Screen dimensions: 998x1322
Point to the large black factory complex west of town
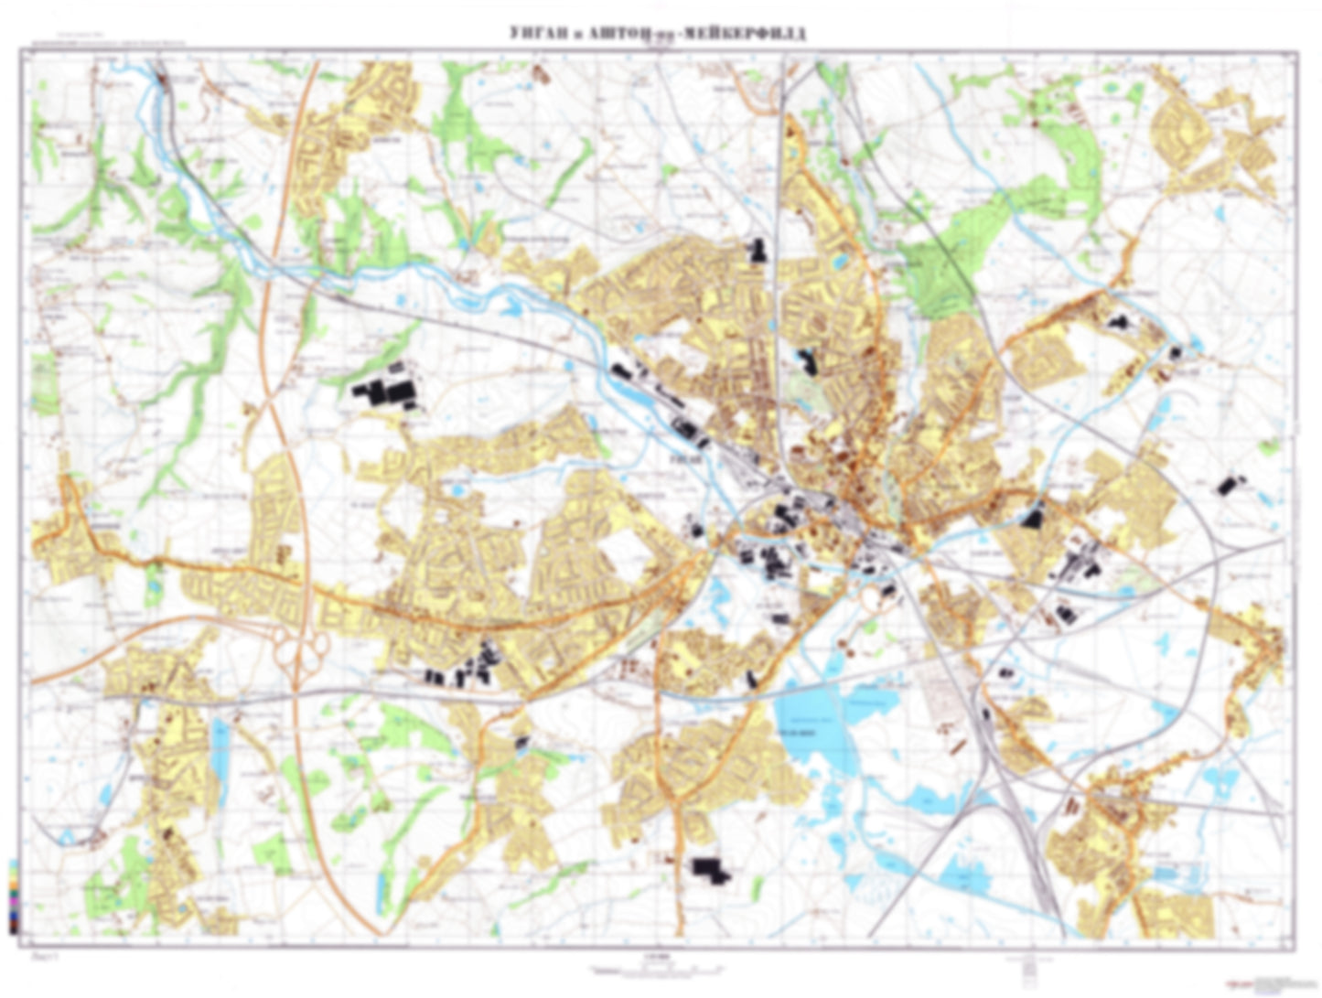point(384,395)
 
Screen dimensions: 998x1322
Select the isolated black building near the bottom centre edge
point(711,870)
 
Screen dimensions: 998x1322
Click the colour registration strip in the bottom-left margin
point(12,896)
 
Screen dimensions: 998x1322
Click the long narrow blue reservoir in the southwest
point(220,742)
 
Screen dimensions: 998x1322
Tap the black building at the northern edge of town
point(757,251)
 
